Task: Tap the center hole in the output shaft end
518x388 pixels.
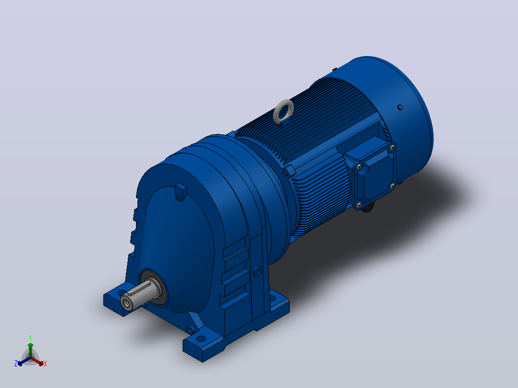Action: pyautogui.click(x=125, y=302)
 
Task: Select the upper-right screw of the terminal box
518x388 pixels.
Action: pyautogui.click(x=392, y=147)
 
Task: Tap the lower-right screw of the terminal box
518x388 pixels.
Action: pyautogui.click(x=393, y=186)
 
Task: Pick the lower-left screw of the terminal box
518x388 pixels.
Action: pyautogui.click(x=359, y=206)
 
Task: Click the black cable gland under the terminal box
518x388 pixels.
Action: pyautogui.click(x=367, y=207)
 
